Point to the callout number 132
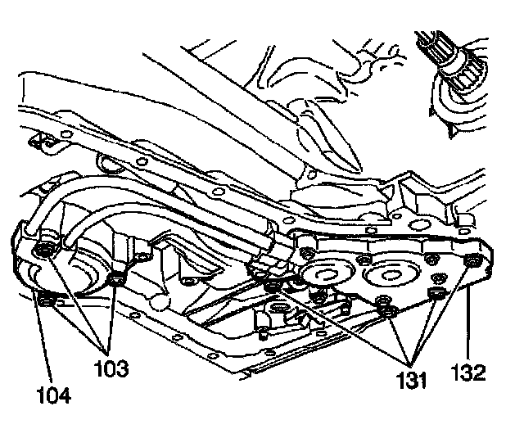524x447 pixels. click(x=469, y=372)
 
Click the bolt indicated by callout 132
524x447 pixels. click(x=472, y=261)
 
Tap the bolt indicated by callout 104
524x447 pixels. click(x=47, y=304)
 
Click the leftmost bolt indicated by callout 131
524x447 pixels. click(x=273, y=286)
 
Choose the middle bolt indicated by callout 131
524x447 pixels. click(x=382, y=309)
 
